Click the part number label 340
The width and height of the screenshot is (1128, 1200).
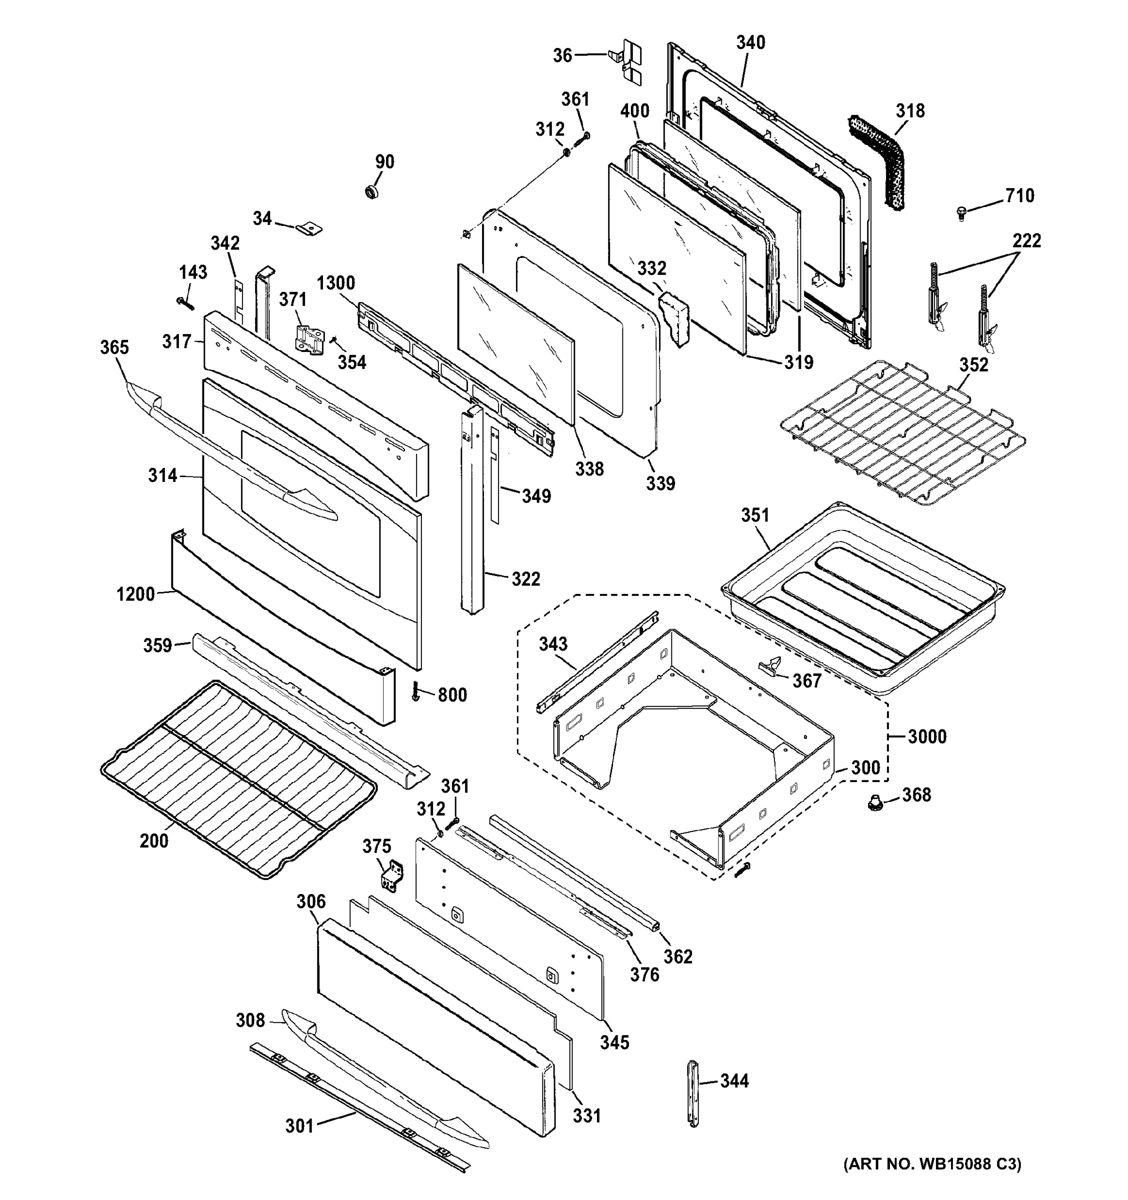pos(750,42)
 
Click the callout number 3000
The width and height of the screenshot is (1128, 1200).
pos(926,736)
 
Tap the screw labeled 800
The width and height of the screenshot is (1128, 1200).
pos(415,692)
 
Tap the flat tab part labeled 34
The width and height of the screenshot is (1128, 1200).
pos(309,228)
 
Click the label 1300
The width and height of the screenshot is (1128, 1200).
pos(335,282)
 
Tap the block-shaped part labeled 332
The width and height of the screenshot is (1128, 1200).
pos(674,317)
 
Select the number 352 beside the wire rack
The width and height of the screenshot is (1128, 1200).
pos(973,364)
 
